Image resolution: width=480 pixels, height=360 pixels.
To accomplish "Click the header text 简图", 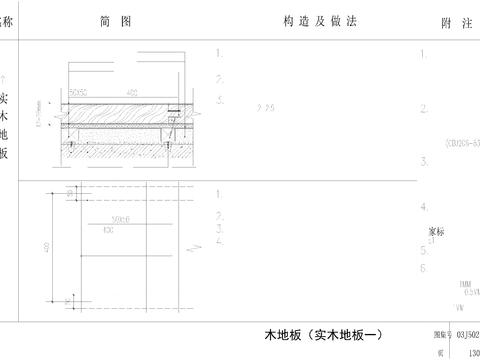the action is point(116,22).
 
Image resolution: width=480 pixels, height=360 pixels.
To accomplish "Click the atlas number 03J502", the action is point(467,336).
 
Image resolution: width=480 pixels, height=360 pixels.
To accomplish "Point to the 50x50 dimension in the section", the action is point(79,92).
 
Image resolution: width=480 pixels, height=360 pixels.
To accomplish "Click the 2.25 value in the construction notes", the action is point(265,107).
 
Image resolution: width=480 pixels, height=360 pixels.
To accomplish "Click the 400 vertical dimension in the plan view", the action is point(45,246).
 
